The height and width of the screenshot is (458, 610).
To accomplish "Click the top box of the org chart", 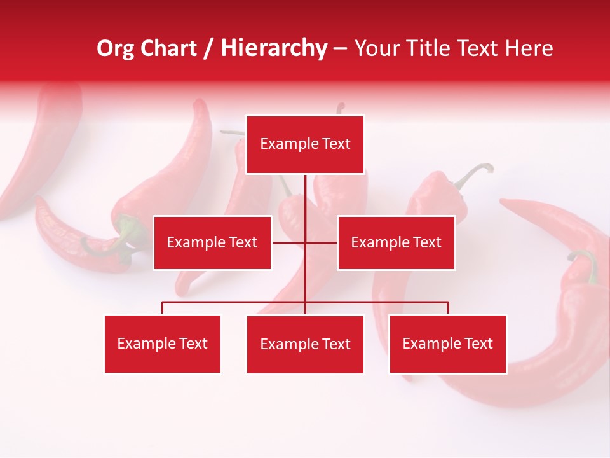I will (x=305, y=144).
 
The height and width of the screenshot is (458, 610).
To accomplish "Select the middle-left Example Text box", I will (x=212, y=242).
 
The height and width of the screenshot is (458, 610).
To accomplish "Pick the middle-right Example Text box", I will (x=396, y=242).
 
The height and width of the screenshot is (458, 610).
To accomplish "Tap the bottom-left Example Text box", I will (x=163, y=343).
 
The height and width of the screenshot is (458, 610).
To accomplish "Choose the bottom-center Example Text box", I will (x=305, y=344).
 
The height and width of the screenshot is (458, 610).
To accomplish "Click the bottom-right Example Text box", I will (x=447, y=343).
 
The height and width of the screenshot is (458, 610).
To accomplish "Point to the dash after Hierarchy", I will (x=340, y=50).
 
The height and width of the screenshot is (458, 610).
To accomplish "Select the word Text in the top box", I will (x=335, y=144).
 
